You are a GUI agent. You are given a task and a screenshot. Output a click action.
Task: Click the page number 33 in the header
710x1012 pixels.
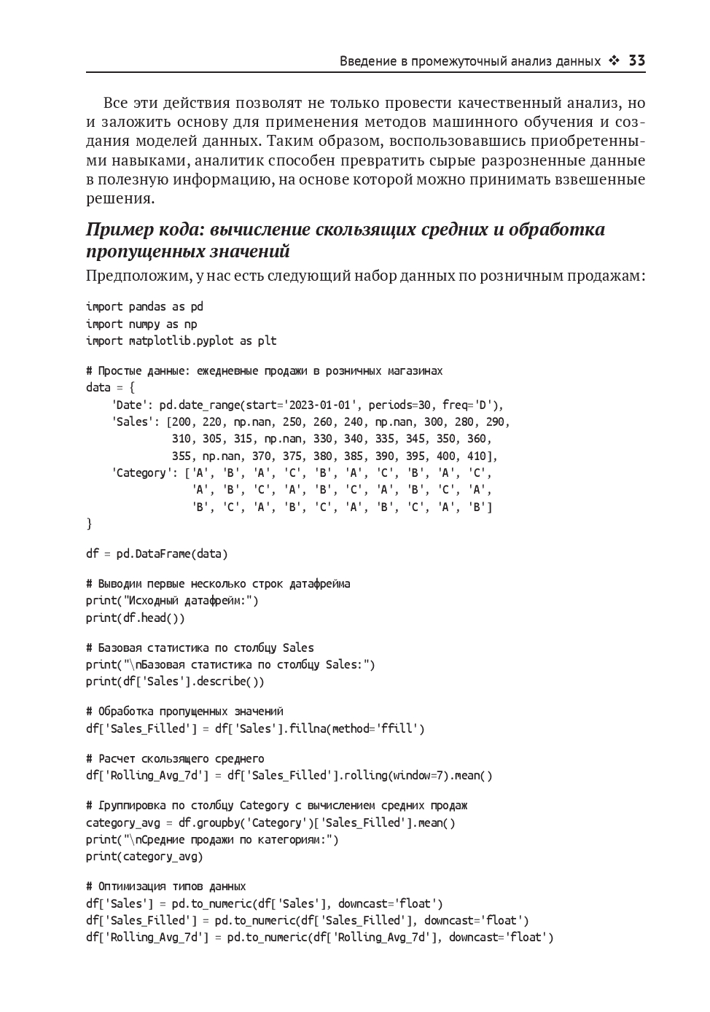pos(636,61)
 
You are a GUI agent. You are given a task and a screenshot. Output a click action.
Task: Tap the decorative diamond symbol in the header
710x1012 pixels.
pos(615,61)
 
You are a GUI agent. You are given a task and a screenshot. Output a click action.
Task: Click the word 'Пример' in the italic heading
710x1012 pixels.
pos(120,230)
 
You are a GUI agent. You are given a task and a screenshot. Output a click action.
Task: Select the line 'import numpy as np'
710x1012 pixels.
pos(141,324)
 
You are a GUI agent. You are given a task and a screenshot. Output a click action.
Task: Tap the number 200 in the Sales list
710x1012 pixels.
pos(182,421)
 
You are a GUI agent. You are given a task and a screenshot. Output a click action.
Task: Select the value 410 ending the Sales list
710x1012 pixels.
pos(483,456)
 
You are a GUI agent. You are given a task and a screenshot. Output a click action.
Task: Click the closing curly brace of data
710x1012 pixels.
pos(89,523)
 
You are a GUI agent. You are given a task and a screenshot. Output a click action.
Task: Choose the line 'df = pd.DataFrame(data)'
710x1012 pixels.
pos(157,553)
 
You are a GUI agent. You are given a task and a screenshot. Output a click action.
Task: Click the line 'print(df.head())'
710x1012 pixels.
pos(135,618)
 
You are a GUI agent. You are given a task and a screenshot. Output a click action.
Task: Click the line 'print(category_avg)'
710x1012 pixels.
pos(144,857)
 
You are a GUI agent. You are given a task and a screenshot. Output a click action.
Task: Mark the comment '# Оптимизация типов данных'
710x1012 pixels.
pos(166,887)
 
